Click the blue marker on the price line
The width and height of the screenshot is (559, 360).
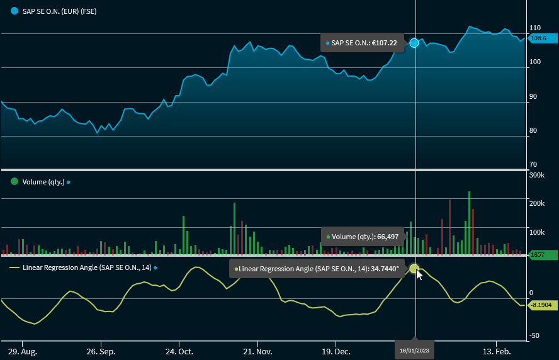click(x=414, y=43)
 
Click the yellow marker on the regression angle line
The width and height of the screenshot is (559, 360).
click(x=414, y=269)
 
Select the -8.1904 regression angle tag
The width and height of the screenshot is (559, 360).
click(x=541, y=305)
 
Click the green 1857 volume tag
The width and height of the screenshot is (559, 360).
click(x=542, y=255)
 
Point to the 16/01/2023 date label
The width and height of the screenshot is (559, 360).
click(x=415, y=350)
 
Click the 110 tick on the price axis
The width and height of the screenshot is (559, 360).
click(x=536, y=28)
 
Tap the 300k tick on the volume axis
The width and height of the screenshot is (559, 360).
click(x=537, y=175)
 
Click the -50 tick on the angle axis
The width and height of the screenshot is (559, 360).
click(x=534, y=335)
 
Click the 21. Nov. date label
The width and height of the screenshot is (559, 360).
click(x=257, y=351)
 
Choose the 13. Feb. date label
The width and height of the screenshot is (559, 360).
click(x=495, y=351)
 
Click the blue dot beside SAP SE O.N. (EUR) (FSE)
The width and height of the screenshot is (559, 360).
click(x=14, y=11)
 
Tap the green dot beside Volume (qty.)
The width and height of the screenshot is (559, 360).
click(x=14, y=181)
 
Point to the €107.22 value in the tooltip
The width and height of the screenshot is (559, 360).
click(x=383, y=43)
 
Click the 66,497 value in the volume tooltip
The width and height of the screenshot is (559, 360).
click(x=388, y=237)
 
